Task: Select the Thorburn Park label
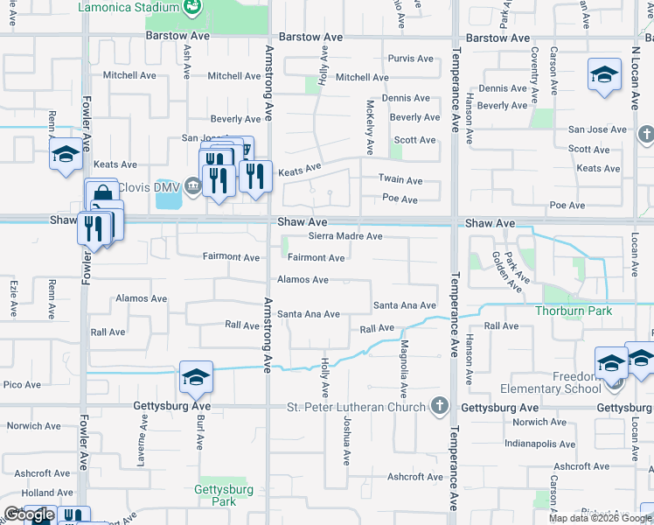coord(574,311)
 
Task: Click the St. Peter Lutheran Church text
coord(358,407)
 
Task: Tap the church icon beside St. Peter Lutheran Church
coord(439,406)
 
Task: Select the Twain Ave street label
coord(400,180)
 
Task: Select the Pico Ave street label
coord(22,384)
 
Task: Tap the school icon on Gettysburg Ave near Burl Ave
coord(197,378)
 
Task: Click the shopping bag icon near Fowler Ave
coord(101,193)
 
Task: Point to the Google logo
coord(29,514)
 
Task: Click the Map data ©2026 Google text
coord(599,518)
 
